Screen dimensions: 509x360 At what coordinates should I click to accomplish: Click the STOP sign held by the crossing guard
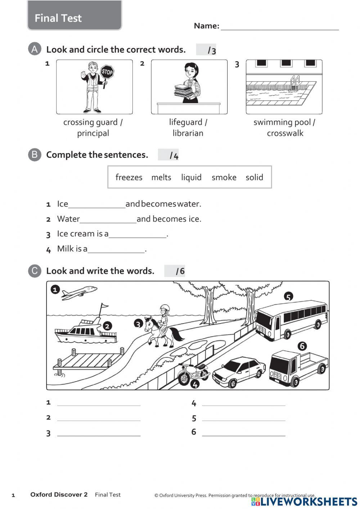(107, 72)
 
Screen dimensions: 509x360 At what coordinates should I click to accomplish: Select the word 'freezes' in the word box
(129, 177)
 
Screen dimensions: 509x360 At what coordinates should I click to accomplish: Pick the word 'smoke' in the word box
(224, 177)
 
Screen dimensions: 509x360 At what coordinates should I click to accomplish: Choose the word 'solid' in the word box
(254, 177)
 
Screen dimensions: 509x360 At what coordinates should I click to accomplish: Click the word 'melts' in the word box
(161, 177)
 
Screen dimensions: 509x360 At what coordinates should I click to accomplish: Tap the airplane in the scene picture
(79, 292)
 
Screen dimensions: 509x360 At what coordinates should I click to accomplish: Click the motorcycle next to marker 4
(193, 373)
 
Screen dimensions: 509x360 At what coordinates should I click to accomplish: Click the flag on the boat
(104, 306)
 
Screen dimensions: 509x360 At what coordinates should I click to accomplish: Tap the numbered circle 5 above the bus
(288, 297)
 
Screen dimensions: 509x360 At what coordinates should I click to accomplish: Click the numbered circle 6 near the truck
(302, 346)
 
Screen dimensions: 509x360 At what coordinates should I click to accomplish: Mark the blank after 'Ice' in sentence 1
(96, 205)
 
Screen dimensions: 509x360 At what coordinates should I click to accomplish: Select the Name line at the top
(279, 27)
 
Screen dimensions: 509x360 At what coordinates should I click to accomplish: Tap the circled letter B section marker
(35, 155)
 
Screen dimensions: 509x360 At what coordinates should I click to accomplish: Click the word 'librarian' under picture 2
(188, 133)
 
